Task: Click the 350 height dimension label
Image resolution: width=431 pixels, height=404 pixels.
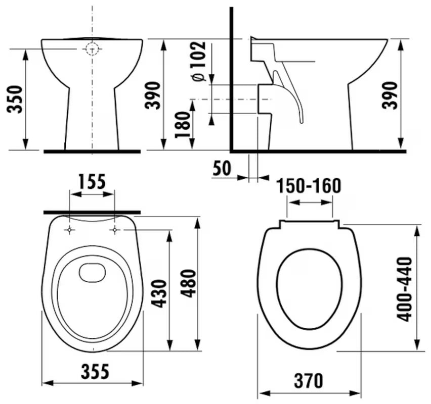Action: (15, 99)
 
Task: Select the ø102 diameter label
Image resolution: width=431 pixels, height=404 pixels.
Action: (199, 61)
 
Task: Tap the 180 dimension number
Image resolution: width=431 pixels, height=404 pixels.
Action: (183, 124)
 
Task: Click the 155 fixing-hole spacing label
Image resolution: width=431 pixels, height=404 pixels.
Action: (92, 182)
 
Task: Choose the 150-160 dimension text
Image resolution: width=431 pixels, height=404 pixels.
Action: (309, 186)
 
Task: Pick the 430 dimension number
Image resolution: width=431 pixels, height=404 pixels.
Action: (159, 294)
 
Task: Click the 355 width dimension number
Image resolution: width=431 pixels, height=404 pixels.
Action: (95, 371)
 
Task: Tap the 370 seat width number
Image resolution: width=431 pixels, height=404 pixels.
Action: (309, 381)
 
